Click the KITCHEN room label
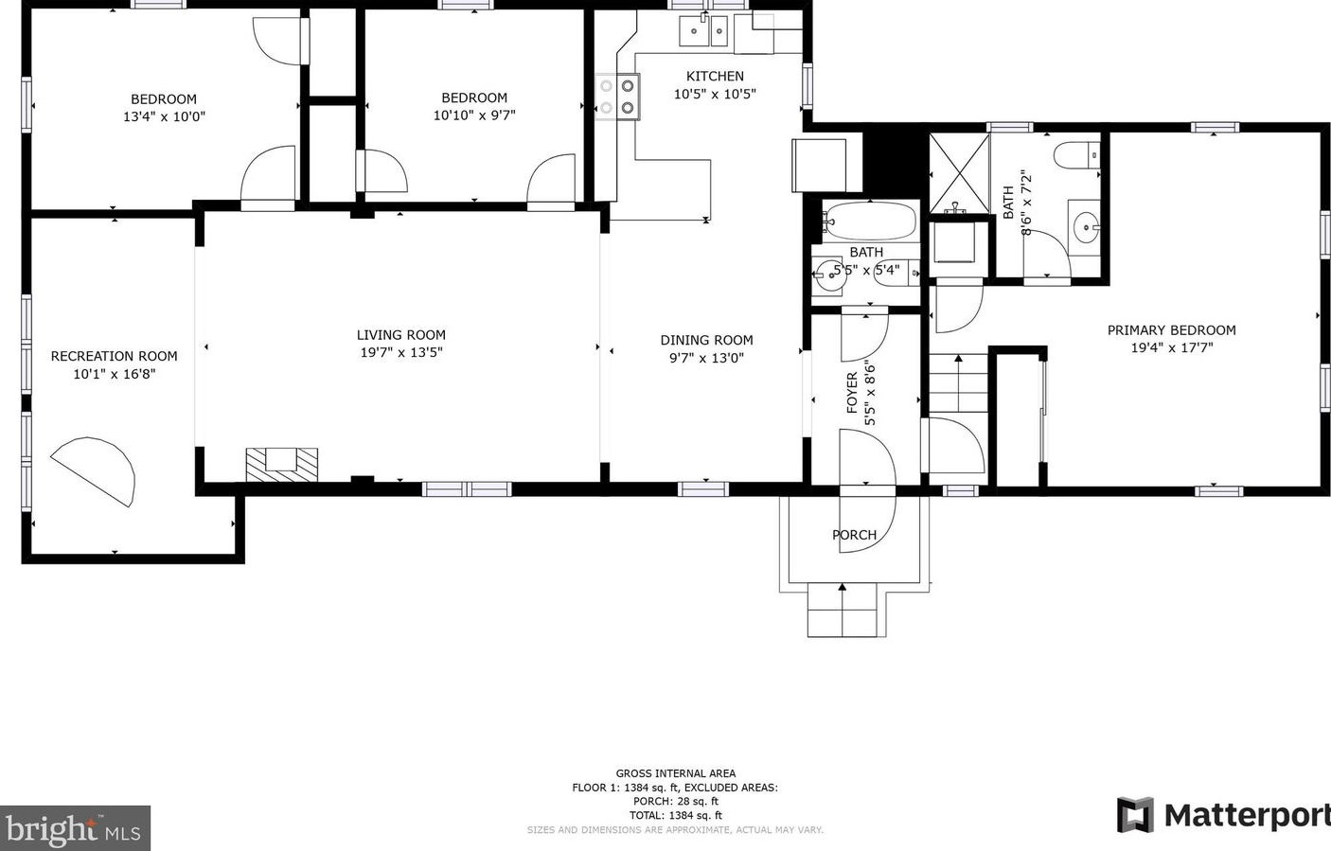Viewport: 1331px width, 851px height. coord(715,77)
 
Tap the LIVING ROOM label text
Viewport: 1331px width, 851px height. coord(400,335)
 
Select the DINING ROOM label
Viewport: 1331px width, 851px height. coord(706,341)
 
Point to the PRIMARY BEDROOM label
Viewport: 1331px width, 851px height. coord(1171,330)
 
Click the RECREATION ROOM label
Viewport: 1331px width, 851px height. coord(114,357)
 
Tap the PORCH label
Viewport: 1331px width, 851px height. coord(854,535)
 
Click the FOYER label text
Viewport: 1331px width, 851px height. coord(852,392)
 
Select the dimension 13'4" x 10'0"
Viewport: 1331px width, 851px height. coord(164,117)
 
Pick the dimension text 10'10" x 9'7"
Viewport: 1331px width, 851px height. coord(474,115)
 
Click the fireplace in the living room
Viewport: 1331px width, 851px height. coord(282,463)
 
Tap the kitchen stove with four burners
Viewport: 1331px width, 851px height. coord(617,97)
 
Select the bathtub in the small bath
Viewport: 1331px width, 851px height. coord(868,221)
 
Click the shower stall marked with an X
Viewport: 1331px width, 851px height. coord(958,173)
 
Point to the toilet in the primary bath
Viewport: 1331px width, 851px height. coord(1077,153)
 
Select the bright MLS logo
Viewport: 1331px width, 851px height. coord(75,829)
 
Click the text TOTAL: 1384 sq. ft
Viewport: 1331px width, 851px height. coord(675,815)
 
